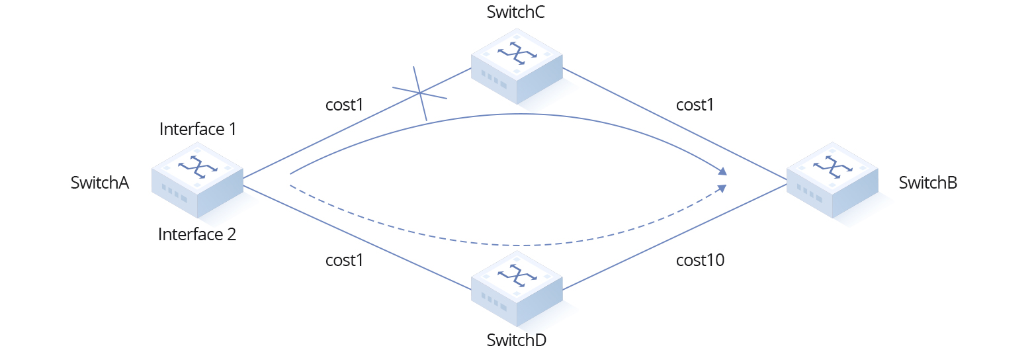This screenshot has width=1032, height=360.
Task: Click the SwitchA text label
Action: (99, 183)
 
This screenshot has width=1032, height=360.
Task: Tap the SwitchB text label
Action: (927, 183)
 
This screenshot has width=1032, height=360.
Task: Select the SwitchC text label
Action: (516, 13)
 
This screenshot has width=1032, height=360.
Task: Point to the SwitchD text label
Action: (516, 341)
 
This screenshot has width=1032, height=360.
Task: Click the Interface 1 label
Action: (197, 129)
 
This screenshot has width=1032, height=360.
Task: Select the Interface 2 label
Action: (197, 234)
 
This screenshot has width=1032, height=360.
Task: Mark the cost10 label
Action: (700, 261)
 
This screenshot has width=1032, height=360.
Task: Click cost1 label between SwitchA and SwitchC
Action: (345, 105)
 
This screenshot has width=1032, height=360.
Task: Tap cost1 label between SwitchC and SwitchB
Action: (695, 105)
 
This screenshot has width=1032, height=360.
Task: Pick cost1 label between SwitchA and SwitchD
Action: (345, 261)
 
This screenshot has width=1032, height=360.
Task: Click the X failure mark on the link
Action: (420, 93)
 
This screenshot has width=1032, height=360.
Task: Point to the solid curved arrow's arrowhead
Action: (723, 172)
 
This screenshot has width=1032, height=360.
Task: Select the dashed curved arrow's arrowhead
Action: (723, 189)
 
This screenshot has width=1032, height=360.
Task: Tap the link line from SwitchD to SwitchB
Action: (675, 237)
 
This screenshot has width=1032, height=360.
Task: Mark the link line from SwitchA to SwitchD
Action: (357, 238)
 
